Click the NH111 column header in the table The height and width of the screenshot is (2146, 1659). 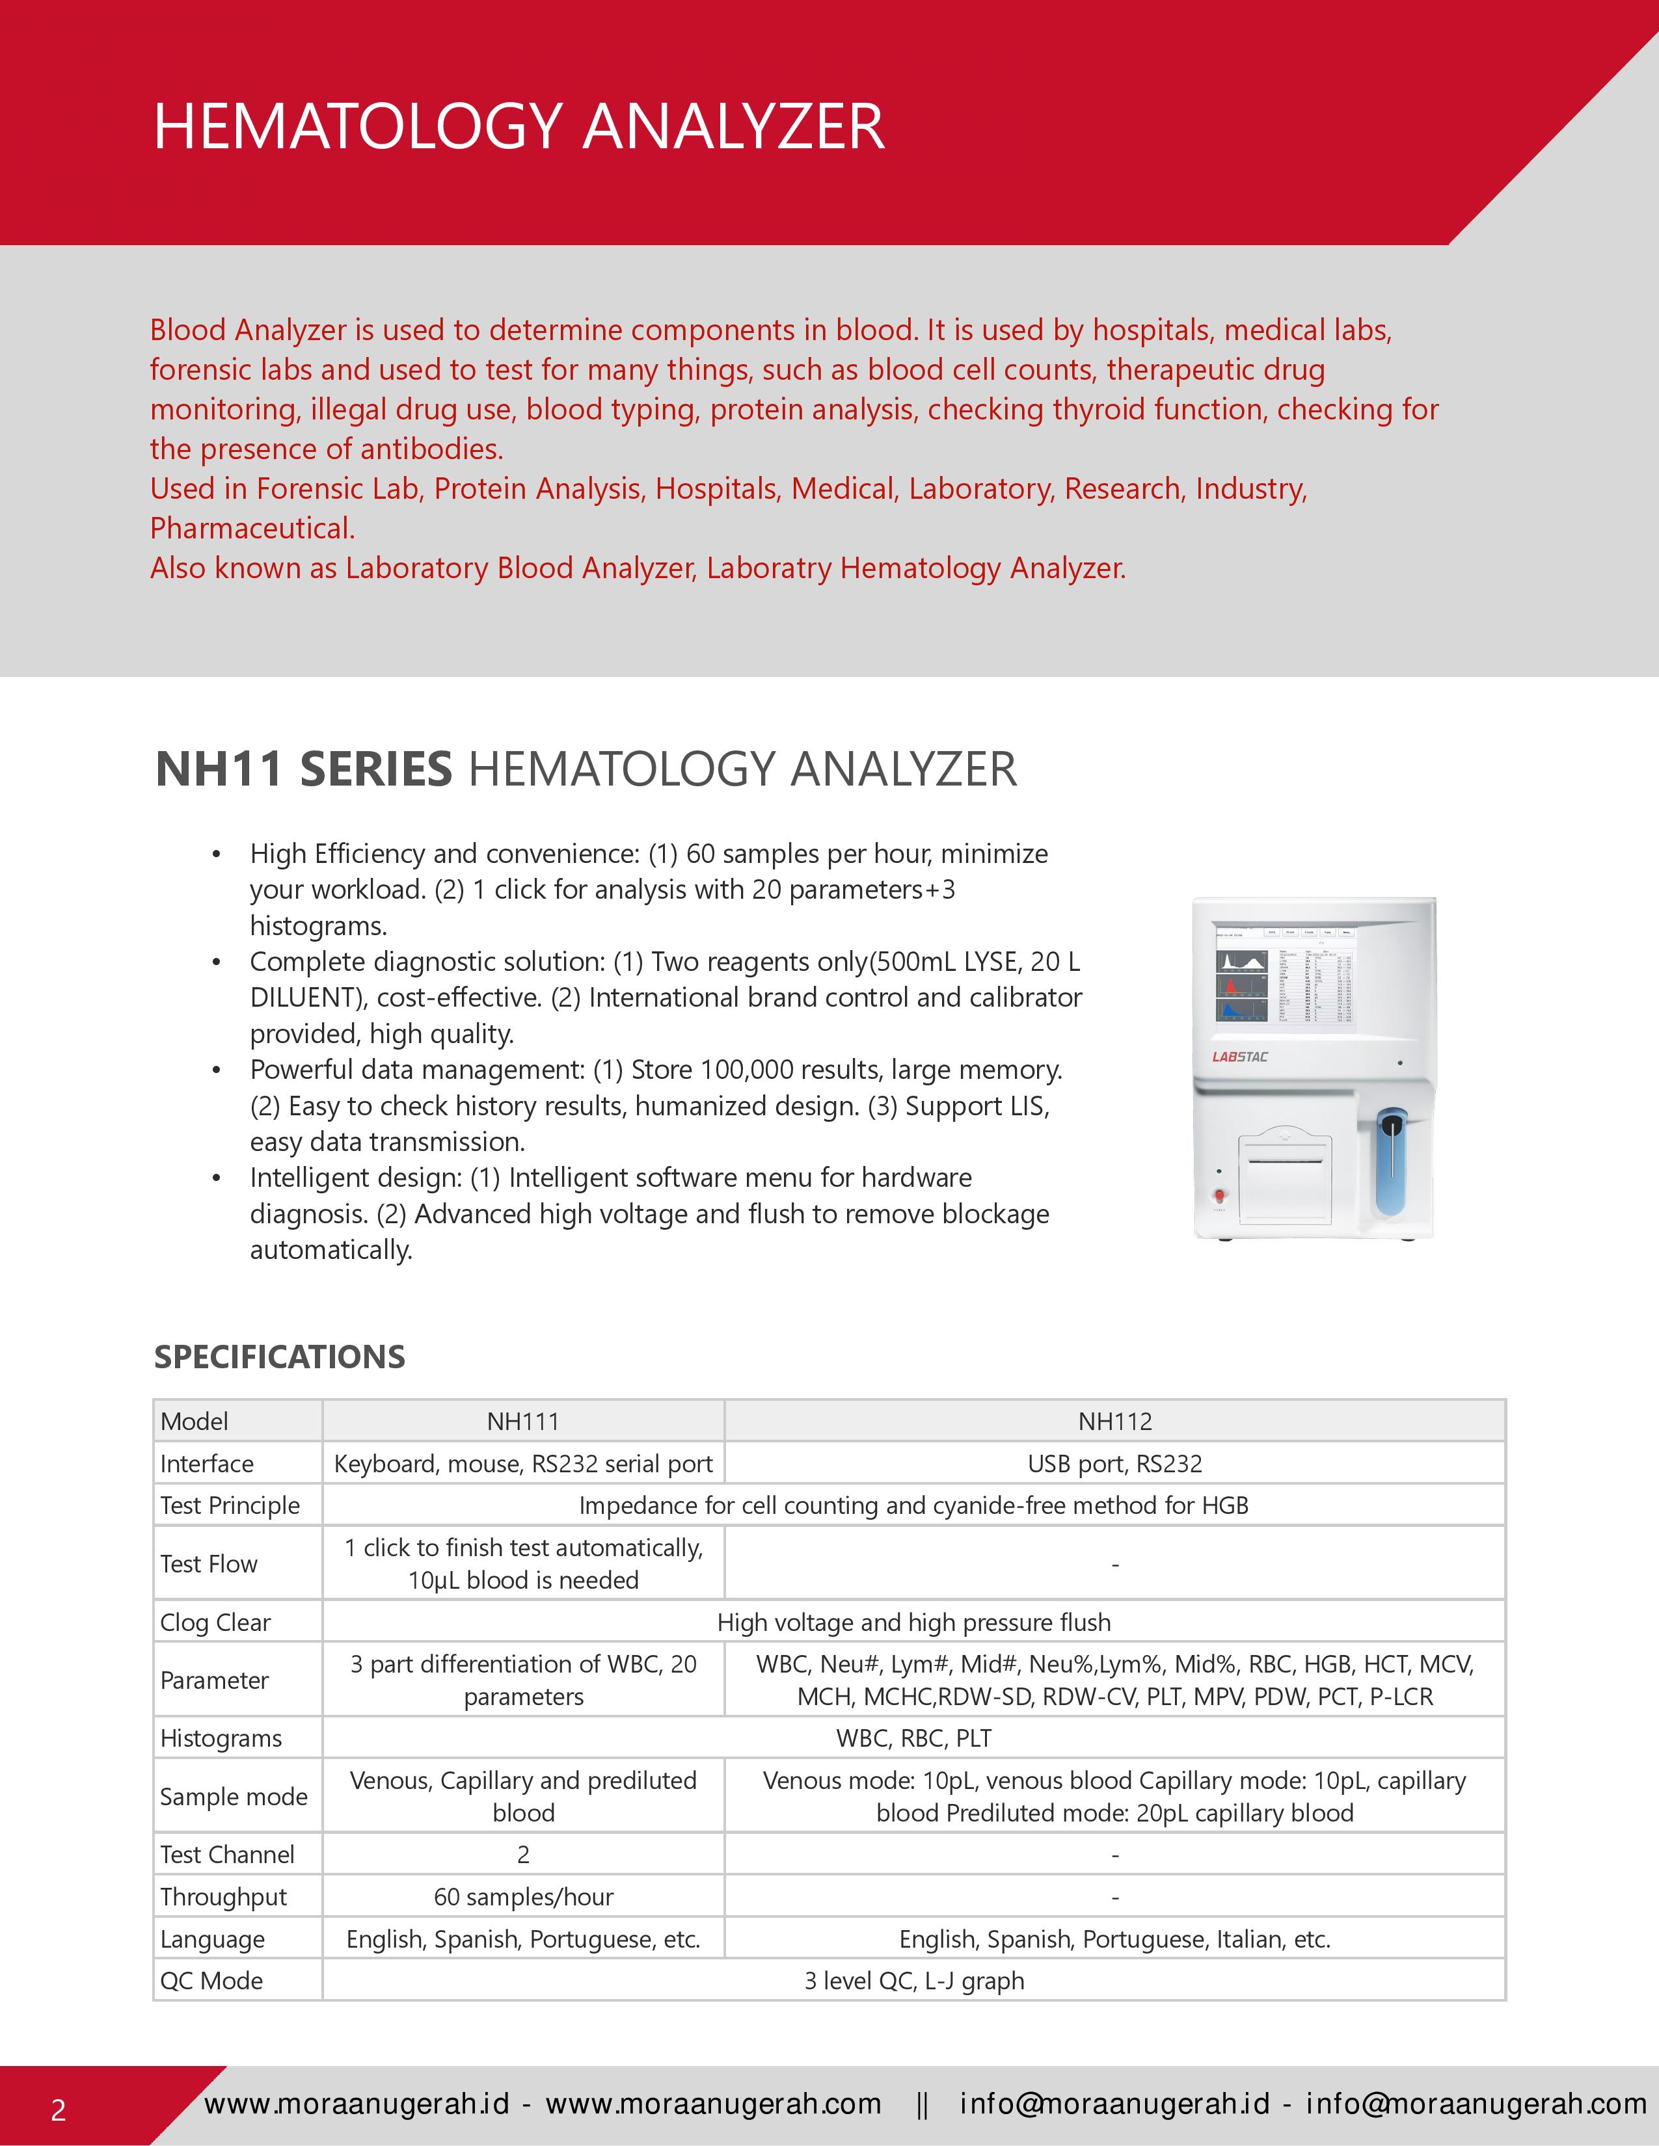tap(523, 1421)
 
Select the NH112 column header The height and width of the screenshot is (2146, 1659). tap(1114, 1421)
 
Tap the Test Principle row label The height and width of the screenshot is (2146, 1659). tap(230, 1505)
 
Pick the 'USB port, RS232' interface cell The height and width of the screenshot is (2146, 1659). tap(1114, 1463)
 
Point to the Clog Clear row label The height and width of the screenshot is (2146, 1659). tap(215, 1623)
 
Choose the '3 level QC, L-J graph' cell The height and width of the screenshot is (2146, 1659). tap(914, 1980)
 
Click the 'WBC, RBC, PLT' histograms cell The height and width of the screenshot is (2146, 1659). tap(914, 1738)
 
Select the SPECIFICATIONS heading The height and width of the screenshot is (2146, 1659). tap(279, 1357)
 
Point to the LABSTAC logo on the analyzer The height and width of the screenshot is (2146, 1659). tap(1239, 1057)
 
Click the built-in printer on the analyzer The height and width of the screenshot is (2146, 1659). tap(1284, 1176)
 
